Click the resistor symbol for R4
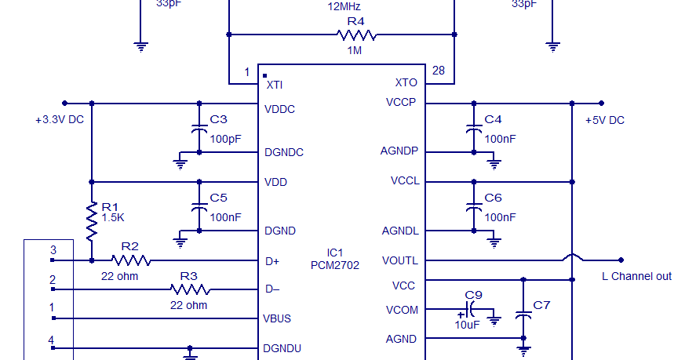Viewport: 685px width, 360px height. (x=356, y=35)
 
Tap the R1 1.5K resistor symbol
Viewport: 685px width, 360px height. (x=92, y=221)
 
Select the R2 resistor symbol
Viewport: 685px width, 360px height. (x=131, y=260)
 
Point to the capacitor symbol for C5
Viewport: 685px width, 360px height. (x=199, y=208)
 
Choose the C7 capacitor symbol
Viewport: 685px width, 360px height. (x=523, y=315)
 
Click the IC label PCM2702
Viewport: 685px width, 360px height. (x=334, y=265)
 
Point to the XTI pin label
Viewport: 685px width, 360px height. (x=275, y=84)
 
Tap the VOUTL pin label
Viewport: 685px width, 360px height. (x=400, y=260)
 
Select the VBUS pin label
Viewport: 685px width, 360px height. (x=278, y=319)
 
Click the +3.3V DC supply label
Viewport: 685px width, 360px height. (x=60, y=120)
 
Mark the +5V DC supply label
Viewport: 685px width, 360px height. (x=605, y=120)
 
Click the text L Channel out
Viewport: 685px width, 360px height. (x=636, y=276)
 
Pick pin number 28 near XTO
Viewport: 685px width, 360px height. (x=438, y=71)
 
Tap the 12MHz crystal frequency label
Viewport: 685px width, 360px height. (x=344, y=6)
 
